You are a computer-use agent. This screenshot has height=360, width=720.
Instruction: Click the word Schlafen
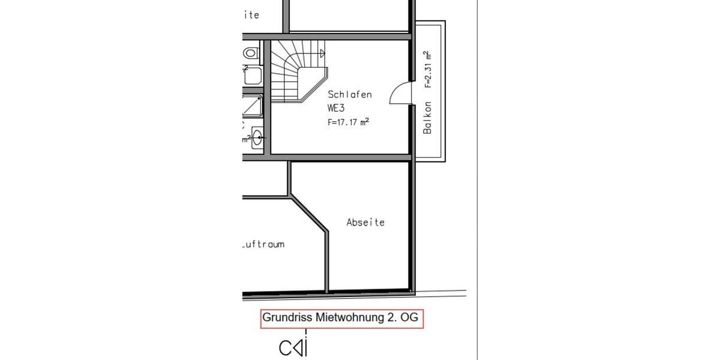[x=350, y=95]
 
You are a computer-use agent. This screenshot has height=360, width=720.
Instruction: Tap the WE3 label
[x=336, y=108]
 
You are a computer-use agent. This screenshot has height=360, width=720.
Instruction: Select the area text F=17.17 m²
[x=348, y=121]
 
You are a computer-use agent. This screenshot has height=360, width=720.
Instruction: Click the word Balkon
[x=428, y=118]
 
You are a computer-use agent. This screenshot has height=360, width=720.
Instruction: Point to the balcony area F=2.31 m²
[x=428, y=70]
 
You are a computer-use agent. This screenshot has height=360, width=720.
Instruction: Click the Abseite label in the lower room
[x=365, y=222]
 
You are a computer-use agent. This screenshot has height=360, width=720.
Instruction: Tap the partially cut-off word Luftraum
[x=263, y=244]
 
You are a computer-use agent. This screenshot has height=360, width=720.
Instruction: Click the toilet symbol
[x=251, y=53]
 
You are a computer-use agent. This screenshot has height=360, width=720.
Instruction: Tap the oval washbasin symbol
[x=257, y=137]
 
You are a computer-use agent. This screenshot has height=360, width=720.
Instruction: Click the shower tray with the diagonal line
[x=252, y=107]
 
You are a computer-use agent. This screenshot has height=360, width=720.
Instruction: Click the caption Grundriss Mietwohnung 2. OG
[x=342, y=318]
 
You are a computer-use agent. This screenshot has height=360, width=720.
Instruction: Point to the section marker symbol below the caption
[x=293, y=347]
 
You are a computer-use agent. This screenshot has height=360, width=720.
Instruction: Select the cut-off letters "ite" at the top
[x=251, y=15]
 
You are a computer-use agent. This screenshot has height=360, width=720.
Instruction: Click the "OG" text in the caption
[x=409, y=318]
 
